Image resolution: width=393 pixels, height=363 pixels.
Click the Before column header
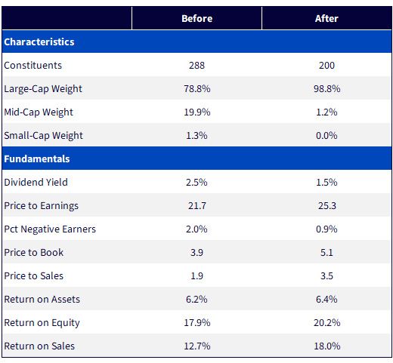pyautogui.click(x=196, y=18)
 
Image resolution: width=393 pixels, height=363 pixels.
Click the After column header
pyautogui.click(x=326, y=18)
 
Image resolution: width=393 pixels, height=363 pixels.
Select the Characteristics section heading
pyautogui.click(x=39, y=42)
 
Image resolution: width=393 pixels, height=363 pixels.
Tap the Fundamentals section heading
pyautogui.click(x=37, y=158)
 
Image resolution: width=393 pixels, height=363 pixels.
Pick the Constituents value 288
pyautogui.click(x=196, y=66)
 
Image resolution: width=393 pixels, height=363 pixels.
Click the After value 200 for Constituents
pyautogui.click(x=326, y=66)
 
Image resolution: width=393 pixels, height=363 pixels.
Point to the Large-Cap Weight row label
pyautogui.click(x=43, y=89)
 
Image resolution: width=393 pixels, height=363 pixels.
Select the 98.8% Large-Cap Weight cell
pyautogui.click(x=326, y=89)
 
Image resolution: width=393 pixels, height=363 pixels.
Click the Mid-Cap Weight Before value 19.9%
pyautogui.click(x=196, y=112)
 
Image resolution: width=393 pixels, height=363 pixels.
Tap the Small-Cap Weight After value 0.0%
pyautogui.click(x=326, y=136)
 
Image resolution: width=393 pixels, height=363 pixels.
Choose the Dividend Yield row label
pyautogui.click(x=36, y=182)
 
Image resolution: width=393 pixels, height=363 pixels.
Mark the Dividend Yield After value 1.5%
pyautogui.click(x=326, y=182)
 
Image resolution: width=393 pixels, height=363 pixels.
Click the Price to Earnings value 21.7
pyautogui.click(x=196, y=206)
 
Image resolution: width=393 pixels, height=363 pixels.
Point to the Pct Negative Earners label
pyautogui.click(x=50, y=229)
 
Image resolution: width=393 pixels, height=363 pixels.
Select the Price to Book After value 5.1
pyautogui.click(x=326, y=252)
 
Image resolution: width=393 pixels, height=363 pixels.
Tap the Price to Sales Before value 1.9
pyautogui.click(x=196, y=276)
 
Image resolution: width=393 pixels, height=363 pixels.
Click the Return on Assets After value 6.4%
pyautogui.click(x=326, y=300)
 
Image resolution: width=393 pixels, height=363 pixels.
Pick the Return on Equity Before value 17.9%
pyautogui.click(x=196, y=323)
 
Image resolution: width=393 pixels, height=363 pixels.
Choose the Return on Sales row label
pyautogui.click(x=39, y=346)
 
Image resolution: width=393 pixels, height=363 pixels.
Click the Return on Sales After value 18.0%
pyautogui.click(x=326, y=346)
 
